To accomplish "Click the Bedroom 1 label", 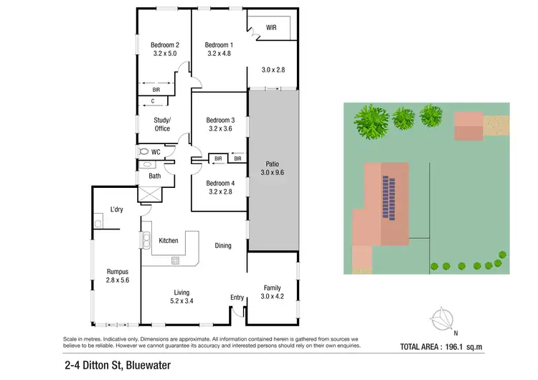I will coord(220,44).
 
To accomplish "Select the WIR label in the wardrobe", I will coord(271,28).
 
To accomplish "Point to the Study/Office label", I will coord(162,124).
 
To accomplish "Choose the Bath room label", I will coord(155,176).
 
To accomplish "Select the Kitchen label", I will coord(169,241).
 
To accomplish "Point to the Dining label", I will coord(223,246).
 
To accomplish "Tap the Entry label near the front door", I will coord(237,298).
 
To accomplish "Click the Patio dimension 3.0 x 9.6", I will coord(272,173).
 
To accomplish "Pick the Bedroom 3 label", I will coord(220,120).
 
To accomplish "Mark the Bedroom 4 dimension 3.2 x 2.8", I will coord(220,192).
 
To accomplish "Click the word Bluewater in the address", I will coord(143,364).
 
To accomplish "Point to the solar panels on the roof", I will coord(390,199).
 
